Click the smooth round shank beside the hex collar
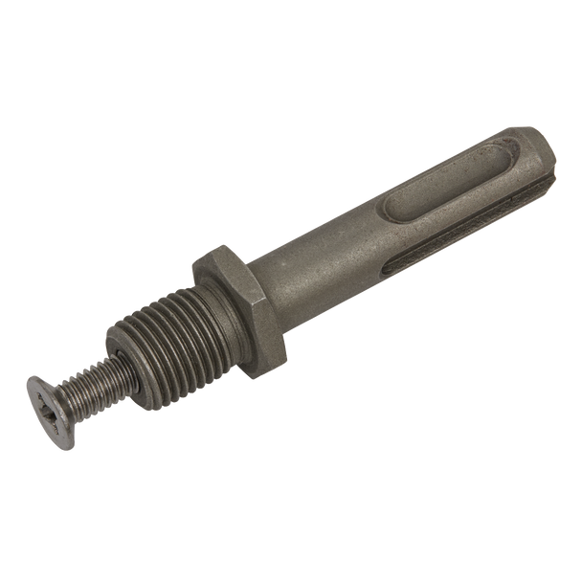coord(306,264)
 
